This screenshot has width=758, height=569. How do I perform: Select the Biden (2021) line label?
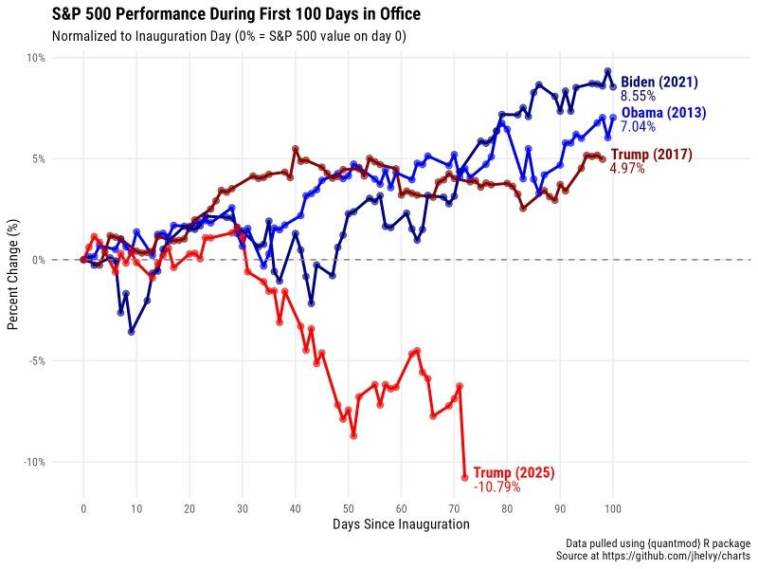tap(659, 83)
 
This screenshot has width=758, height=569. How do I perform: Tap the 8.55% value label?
tap(638, 97)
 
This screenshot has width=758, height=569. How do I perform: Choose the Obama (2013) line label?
tap(663, 113)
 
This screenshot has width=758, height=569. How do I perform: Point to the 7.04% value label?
tap(638, 127)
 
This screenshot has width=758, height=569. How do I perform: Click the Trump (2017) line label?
tap(651, 155)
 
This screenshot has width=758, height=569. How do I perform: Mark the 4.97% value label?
tap(627, 169)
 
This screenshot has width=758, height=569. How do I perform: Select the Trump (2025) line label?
tap(514, 472)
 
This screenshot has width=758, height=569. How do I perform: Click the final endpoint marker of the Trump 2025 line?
tap(465, 477)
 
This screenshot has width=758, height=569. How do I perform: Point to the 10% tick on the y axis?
tap(35, 58)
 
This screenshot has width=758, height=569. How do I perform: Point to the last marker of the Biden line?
tap(613, 87)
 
